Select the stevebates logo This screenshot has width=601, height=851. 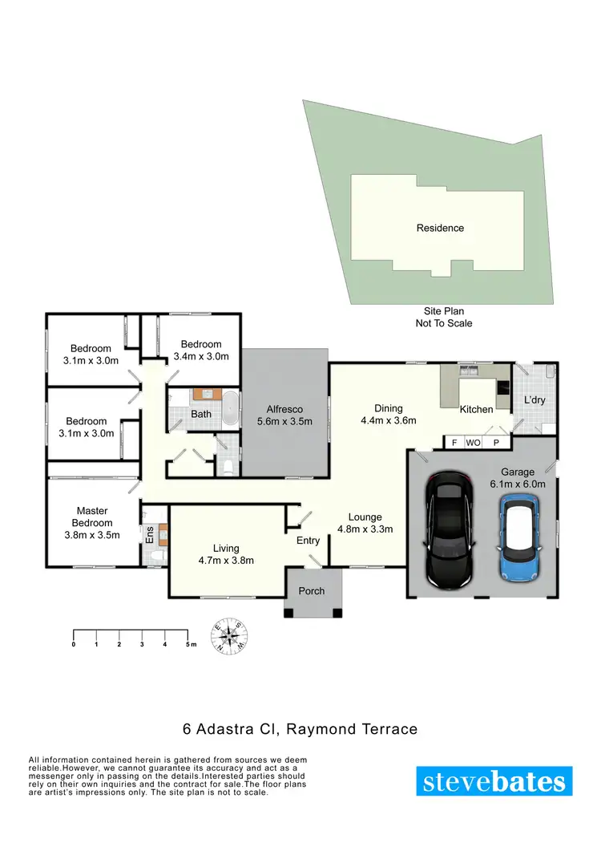[494, 780]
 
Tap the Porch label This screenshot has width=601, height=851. [312, 591]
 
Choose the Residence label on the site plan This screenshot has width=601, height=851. [440, 228]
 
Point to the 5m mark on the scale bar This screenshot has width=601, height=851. [190, 644]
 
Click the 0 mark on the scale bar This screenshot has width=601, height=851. [74, 644]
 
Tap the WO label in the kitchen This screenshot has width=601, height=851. [474, 442]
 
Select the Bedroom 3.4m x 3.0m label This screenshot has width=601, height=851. [202, 351]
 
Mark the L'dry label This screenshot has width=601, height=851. [534, 399]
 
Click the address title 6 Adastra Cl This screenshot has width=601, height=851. [297, 729]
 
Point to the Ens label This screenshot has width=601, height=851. [149, 533]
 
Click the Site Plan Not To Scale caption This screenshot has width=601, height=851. [443, 317]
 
